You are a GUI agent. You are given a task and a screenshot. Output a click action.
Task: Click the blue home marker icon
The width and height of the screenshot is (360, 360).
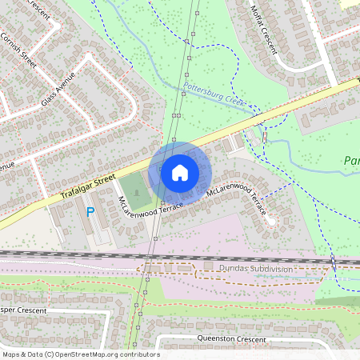pyautogui.click(x=180, y=172)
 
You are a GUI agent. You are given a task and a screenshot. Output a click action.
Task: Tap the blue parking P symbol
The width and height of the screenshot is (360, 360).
pyautogui.click(x=90, y=212)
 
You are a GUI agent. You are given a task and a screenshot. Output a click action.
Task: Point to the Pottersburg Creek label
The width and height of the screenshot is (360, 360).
pyautogui.click(x=213, y=94)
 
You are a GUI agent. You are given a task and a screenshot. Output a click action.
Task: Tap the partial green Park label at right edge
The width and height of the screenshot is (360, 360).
pyautogui.click(x=351, y=161)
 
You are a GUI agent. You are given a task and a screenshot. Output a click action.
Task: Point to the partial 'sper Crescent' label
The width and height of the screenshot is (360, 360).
pyautogui.click(x=24, y=310)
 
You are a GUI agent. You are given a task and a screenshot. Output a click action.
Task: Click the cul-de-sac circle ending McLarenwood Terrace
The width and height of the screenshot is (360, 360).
pyautogui.click(x=272, y=219)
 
